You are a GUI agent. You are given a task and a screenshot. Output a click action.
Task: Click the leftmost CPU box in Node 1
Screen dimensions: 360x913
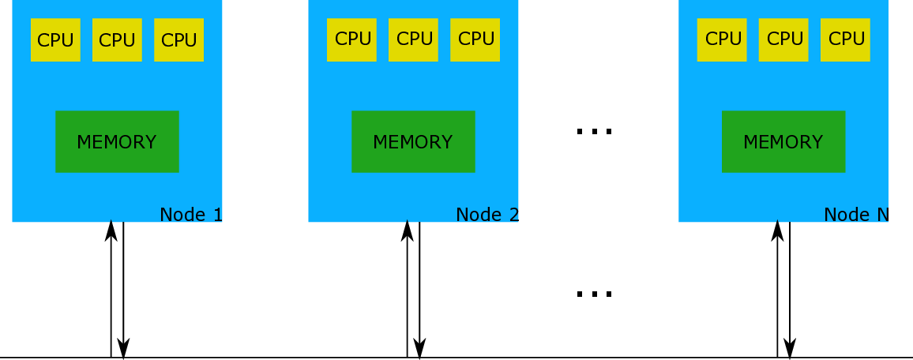55,40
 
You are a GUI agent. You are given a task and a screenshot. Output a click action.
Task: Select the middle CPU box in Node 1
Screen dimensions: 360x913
117,40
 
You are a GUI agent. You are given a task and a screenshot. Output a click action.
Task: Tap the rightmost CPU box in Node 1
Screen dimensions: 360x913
178,40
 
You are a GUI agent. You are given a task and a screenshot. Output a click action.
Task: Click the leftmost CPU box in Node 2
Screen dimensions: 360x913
351,39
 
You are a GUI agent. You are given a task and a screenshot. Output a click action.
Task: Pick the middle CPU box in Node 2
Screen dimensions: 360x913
413,39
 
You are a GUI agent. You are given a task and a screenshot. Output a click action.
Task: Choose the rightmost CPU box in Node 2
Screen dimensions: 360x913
475,39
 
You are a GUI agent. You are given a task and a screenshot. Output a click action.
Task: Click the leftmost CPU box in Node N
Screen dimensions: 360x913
722,39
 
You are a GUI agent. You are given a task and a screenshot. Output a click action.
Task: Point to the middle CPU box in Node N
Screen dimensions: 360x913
783,39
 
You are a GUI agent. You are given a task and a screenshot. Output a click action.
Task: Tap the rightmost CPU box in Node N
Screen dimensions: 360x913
845,39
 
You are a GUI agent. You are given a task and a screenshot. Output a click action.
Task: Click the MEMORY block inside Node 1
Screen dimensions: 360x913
117,141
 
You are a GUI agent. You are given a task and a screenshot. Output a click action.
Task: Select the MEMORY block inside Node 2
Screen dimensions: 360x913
413,141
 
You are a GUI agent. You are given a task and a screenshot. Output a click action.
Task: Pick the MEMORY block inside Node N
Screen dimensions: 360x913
783,141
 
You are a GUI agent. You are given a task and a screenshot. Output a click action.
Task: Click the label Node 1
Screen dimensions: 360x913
190,214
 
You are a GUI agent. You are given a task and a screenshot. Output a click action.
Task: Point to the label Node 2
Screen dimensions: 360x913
487,214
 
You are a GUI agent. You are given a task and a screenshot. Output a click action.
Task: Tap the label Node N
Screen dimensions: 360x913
856,214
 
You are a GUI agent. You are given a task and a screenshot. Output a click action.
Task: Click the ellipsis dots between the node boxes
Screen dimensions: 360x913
594,131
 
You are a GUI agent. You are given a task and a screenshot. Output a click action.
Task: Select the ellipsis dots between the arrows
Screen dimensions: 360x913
594,294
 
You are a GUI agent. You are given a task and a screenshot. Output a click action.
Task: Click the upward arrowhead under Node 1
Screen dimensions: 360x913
111,231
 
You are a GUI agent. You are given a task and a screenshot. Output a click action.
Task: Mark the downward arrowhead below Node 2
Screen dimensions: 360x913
420,348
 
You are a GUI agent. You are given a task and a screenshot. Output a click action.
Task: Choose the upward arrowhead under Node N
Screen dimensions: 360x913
778,231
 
